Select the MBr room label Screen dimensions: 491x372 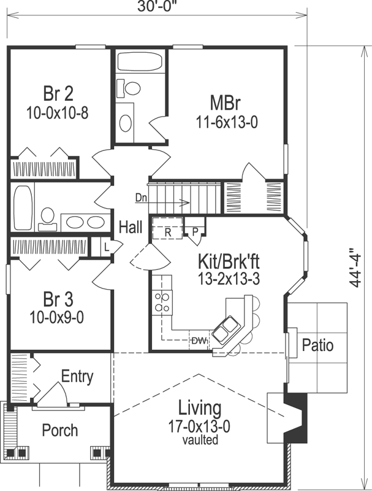(x=224, y=102)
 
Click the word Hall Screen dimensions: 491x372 (x=131, y=227)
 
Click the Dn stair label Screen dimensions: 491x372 (x=141, y=198)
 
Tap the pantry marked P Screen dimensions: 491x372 (x=195, y=231)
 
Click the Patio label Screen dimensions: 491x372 (x=317, y=346)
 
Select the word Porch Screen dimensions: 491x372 (x=59, y=430)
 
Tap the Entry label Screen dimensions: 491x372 (x=77, y=376)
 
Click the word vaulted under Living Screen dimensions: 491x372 (x=200, y=440)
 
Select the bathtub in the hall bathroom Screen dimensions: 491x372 (x=23, y=208)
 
